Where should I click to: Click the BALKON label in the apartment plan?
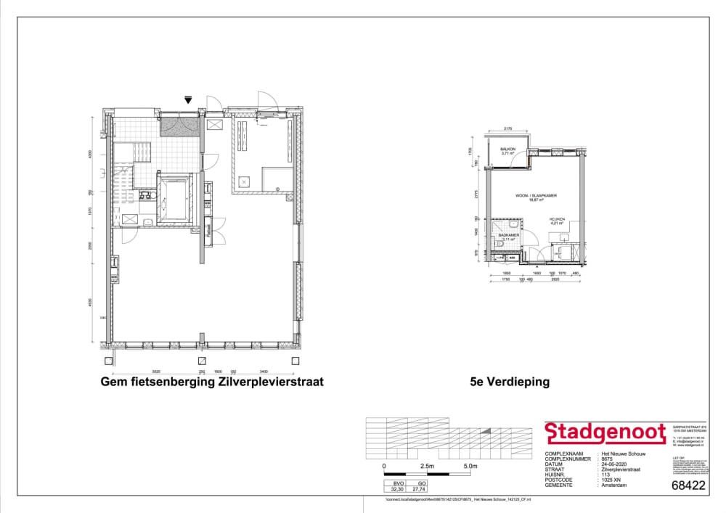508,149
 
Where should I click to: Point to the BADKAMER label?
507,235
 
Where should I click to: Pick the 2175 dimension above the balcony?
508,129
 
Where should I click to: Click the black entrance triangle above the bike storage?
188,101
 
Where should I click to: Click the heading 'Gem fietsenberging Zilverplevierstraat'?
212,382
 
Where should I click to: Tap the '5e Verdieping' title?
510,382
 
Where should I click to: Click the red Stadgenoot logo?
605,433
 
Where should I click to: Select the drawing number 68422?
688,486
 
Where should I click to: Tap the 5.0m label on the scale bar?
470,466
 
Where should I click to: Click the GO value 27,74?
417,491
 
